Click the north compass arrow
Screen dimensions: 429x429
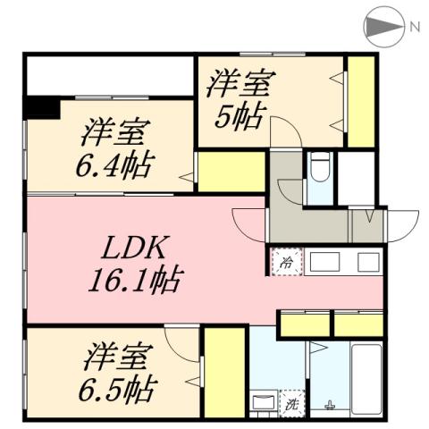[383, 26]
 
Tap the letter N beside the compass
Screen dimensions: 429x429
[415, 26]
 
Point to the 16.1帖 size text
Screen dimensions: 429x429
[134, 282]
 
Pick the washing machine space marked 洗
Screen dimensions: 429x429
[291, 402]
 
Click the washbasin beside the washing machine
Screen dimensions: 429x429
[264, 402]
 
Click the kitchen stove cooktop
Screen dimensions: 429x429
[367, 262]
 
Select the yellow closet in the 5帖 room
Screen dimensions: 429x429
[360, 100]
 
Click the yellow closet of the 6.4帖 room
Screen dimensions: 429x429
[231, 172]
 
